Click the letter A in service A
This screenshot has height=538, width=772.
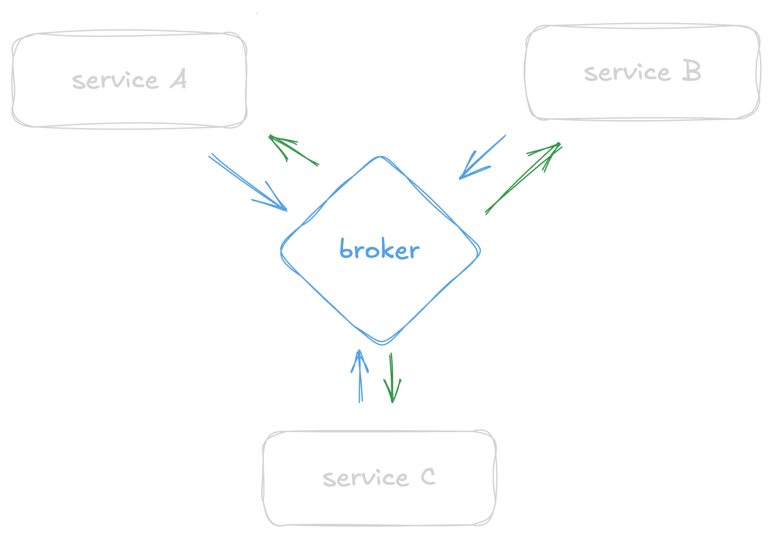178,80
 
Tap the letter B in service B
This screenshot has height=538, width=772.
691,71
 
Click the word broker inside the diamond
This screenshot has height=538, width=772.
379,250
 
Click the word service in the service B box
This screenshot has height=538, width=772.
627,73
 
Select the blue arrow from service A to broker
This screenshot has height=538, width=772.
248,182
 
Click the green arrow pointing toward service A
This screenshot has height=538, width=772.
294,151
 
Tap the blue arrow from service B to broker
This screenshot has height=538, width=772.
482,157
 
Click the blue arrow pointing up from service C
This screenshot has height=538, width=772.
360,376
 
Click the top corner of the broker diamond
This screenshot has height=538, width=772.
380,157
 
